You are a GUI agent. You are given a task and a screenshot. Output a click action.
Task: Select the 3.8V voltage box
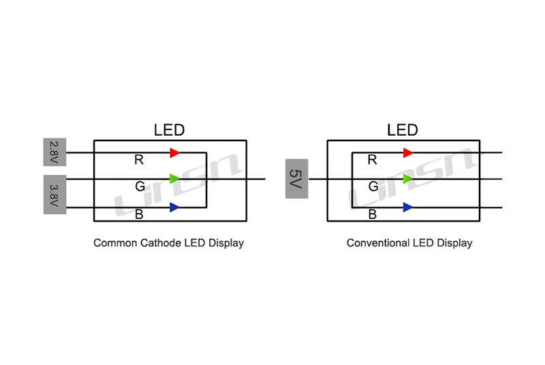coord(54,194)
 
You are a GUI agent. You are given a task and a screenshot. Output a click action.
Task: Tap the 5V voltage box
coord(296,179)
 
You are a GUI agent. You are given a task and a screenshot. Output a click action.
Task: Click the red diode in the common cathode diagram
coord(174,153)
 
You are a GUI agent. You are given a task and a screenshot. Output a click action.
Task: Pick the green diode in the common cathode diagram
coord(174,179)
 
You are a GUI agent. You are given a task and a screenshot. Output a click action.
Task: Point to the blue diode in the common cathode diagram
coord(174,207)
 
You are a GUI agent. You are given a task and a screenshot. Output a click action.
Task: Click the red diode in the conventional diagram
coord(407,153)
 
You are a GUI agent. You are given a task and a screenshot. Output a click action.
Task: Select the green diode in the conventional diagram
coord(407,179)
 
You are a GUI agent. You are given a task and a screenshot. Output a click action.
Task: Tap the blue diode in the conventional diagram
coord(407,207)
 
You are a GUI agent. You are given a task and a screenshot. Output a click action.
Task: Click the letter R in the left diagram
coord(139,161)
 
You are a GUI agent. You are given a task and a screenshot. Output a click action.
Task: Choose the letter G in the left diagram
coord(140,187)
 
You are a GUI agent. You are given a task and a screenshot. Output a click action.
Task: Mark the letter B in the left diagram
coord(139,215)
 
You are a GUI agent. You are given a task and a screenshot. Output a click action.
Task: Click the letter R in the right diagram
coord(372,161)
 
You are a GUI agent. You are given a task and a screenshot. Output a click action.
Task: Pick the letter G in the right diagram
coord(373,187)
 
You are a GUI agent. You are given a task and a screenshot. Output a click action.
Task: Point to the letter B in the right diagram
coord(372,215)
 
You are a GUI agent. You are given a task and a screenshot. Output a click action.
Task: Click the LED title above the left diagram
coord(169,130)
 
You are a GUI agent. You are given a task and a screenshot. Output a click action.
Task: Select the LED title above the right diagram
coord(403,130)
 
